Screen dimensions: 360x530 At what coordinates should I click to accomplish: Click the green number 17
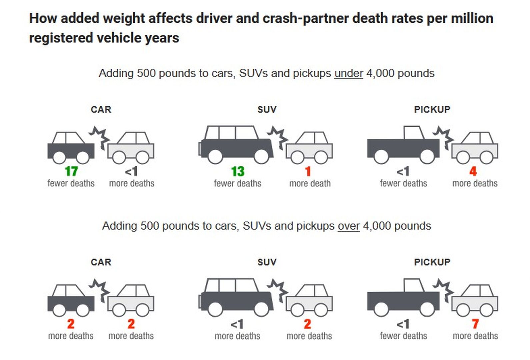pyautogui.click(x=71, y=171)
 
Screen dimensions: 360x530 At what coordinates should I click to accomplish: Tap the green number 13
pyautogui.click(x=238, y=171)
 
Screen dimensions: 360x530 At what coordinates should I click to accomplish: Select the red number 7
pyautogui.click(x=475, y=324)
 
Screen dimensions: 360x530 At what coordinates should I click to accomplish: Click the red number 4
pyautogui.click(x=473, y=171)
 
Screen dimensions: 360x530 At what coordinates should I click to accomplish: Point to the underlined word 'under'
pyautogui.click(x=348, y=73)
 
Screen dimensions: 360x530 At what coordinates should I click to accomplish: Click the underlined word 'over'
pyautogui.click(x=348, y=226)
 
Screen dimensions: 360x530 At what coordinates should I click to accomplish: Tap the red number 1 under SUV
pyautogui.click(x=308, y=171)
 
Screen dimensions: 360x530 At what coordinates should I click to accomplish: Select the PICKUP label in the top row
pyautogui.click(x=432, y=109)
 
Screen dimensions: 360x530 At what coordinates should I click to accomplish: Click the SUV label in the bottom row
pyautogui.click(x=267, y=262)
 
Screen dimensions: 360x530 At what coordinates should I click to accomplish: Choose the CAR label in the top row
pyautogui.click(x=101, y=109)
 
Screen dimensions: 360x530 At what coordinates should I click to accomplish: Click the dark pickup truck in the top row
pyautogui.click(x=403, y=147)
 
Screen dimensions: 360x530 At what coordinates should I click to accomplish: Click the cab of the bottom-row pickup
pyautogui.click(x=413, y=285)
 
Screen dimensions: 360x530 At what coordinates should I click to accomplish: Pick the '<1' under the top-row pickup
pyautogui.click(x=403, y=171)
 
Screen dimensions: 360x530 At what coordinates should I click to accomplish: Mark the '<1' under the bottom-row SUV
pyautogui.click(x=237, y=324)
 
